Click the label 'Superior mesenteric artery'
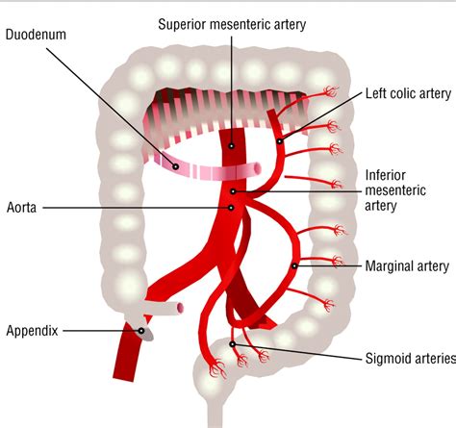point(233,22)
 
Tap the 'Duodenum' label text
point(38,35)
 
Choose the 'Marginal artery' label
point(404,264)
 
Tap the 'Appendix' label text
point(32,330)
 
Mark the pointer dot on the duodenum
point(176,165)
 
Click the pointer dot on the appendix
point(141,332)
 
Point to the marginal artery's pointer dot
point(294,263)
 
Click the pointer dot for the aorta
point(231,206)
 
